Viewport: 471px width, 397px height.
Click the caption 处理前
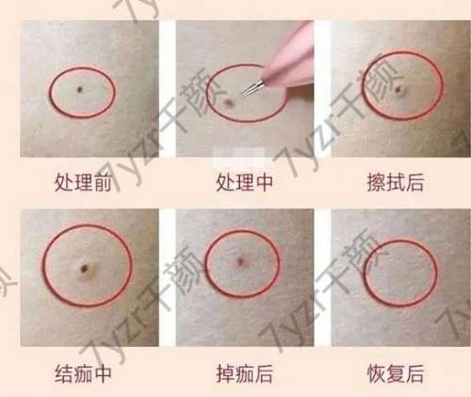pyautogui.click(x=83, y=182)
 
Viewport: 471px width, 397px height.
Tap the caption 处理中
pyautogui.click(x=244, y=182)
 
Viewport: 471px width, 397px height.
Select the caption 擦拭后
pyautogui.click(x=396, y=182)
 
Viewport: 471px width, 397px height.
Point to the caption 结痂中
pyautogui.click(x=83, y=373)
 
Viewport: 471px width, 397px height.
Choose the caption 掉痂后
pyautogui.click(x=244, y=373)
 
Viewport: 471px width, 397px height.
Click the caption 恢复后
pyautogui.click(x=396, y=373)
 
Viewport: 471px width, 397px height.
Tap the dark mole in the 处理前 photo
pyautogui.click(x=80, y=90)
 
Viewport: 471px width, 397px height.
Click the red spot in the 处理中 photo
pyautogui.click(x=229, y=103)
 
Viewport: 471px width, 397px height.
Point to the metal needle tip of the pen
pyautogui.click(x=242, y=93)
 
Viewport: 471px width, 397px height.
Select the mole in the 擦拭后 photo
pyautogui.click(x=398, y=90)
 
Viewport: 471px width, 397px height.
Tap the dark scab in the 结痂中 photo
pyautogui.click(x=85, y=268)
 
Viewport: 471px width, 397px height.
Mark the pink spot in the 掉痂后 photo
pyautogui.click(x=241, y=261)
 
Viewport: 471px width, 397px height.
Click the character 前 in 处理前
pyautogui.click(x=102, y=182)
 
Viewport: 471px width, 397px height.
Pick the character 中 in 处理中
pyautogui.click(x=263, y=182)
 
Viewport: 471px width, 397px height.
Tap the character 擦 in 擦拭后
pyautogui.click(x=377, y=182)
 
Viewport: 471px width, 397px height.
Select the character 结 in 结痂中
pyautogui.click(x=64, y=373)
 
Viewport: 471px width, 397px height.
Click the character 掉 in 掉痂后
pyautogui.click(x=225, y=373)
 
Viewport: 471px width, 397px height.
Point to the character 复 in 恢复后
pyautogui.click(x=396, y=373)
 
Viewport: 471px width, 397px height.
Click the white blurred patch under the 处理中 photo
pyautogui.click(x=238, y=157)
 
